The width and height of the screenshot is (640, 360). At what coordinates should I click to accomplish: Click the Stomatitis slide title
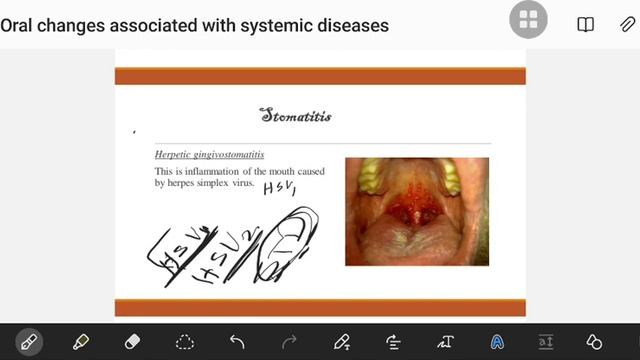tap(295, 116)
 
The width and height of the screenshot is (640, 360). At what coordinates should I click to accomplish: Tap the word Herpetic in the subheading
tap(175, 155)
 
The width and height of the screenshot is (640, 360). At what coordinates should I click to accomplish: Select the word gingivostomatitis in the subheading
tap(230, 155)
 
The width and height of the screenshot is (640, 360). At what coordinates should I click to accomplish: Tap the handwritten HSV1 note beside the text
tap(280, 189)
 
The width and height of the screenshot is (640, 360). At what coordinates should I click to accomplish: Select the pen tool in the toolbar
tap(29, 342)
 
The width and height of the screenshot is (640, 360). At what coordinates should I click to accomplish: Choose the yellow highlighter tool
tap(81, 342)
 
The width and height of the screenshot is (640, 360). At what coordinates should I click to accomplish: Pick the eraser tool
tap(133, 342)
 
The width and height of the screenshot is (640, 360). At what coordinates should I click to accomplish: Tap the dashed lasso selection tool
tap(185, 342)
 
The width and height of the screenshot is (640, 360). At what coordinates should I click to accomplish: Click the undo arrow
tap(237, 342)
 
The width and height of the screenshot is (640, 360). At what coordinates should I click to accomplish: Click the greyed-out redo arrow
tap(289, 342)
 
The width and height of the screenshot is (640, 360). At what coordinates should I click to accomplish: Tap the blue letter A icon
tap(497, 342)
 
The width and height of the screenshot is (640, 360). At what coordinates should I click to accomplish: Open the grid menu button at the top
tap(528, 21)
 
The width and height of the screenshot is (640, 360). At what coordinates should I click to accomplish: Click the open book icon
tap(585, 24)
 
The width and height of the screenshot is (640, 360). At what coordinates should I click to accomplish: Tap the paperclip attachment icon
tap(627, 24)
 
